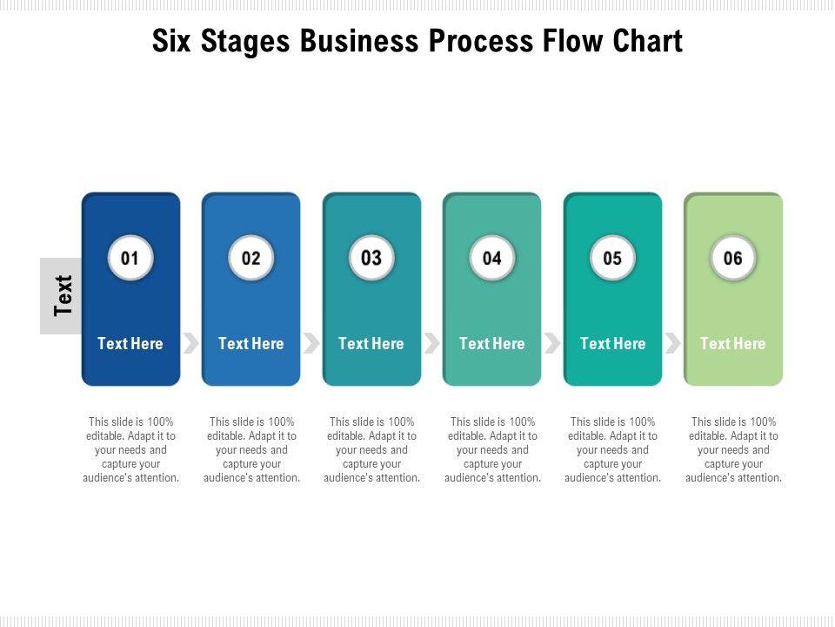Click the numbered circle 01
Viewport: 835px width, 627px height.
pos(130,258)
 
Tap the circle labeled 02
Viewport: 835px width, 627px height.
pos(251,258)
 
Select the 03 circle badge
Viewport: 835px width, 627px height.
pos(371,258)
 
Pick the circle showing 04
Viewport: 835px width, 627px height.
pos(492,258)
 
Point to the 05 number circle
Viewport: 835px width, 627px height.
pos(612,258)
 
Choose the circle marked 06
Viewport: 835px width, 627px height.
pos(733,258)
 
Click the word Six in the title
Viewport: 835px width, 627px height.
pos(172,42)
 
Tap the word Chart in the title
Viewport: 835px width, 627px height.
pos(647,42)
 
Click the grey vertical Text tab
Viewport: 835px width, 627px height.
pos(61,295)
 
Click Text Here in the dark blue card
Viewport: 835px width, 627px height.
pos(130,344)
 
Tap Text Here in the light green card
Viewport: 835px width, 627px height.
pos(733,344)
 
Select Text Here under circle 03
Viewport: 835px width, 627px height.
pos(371,344)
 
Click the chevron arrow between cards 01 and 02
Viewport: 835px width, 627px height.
pos(190,343)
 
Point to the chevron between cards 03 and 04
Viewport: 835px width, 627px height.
pos(431,343)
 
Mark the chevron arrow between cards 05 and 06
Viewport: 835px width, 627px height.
pos(672,343)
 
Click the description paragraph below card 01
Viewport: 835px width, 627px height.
pos(130,450)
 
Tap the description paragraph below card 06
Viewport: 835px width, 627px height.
pos(733,450)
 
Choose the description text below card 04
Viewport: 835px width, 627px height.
pos(492,450)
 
